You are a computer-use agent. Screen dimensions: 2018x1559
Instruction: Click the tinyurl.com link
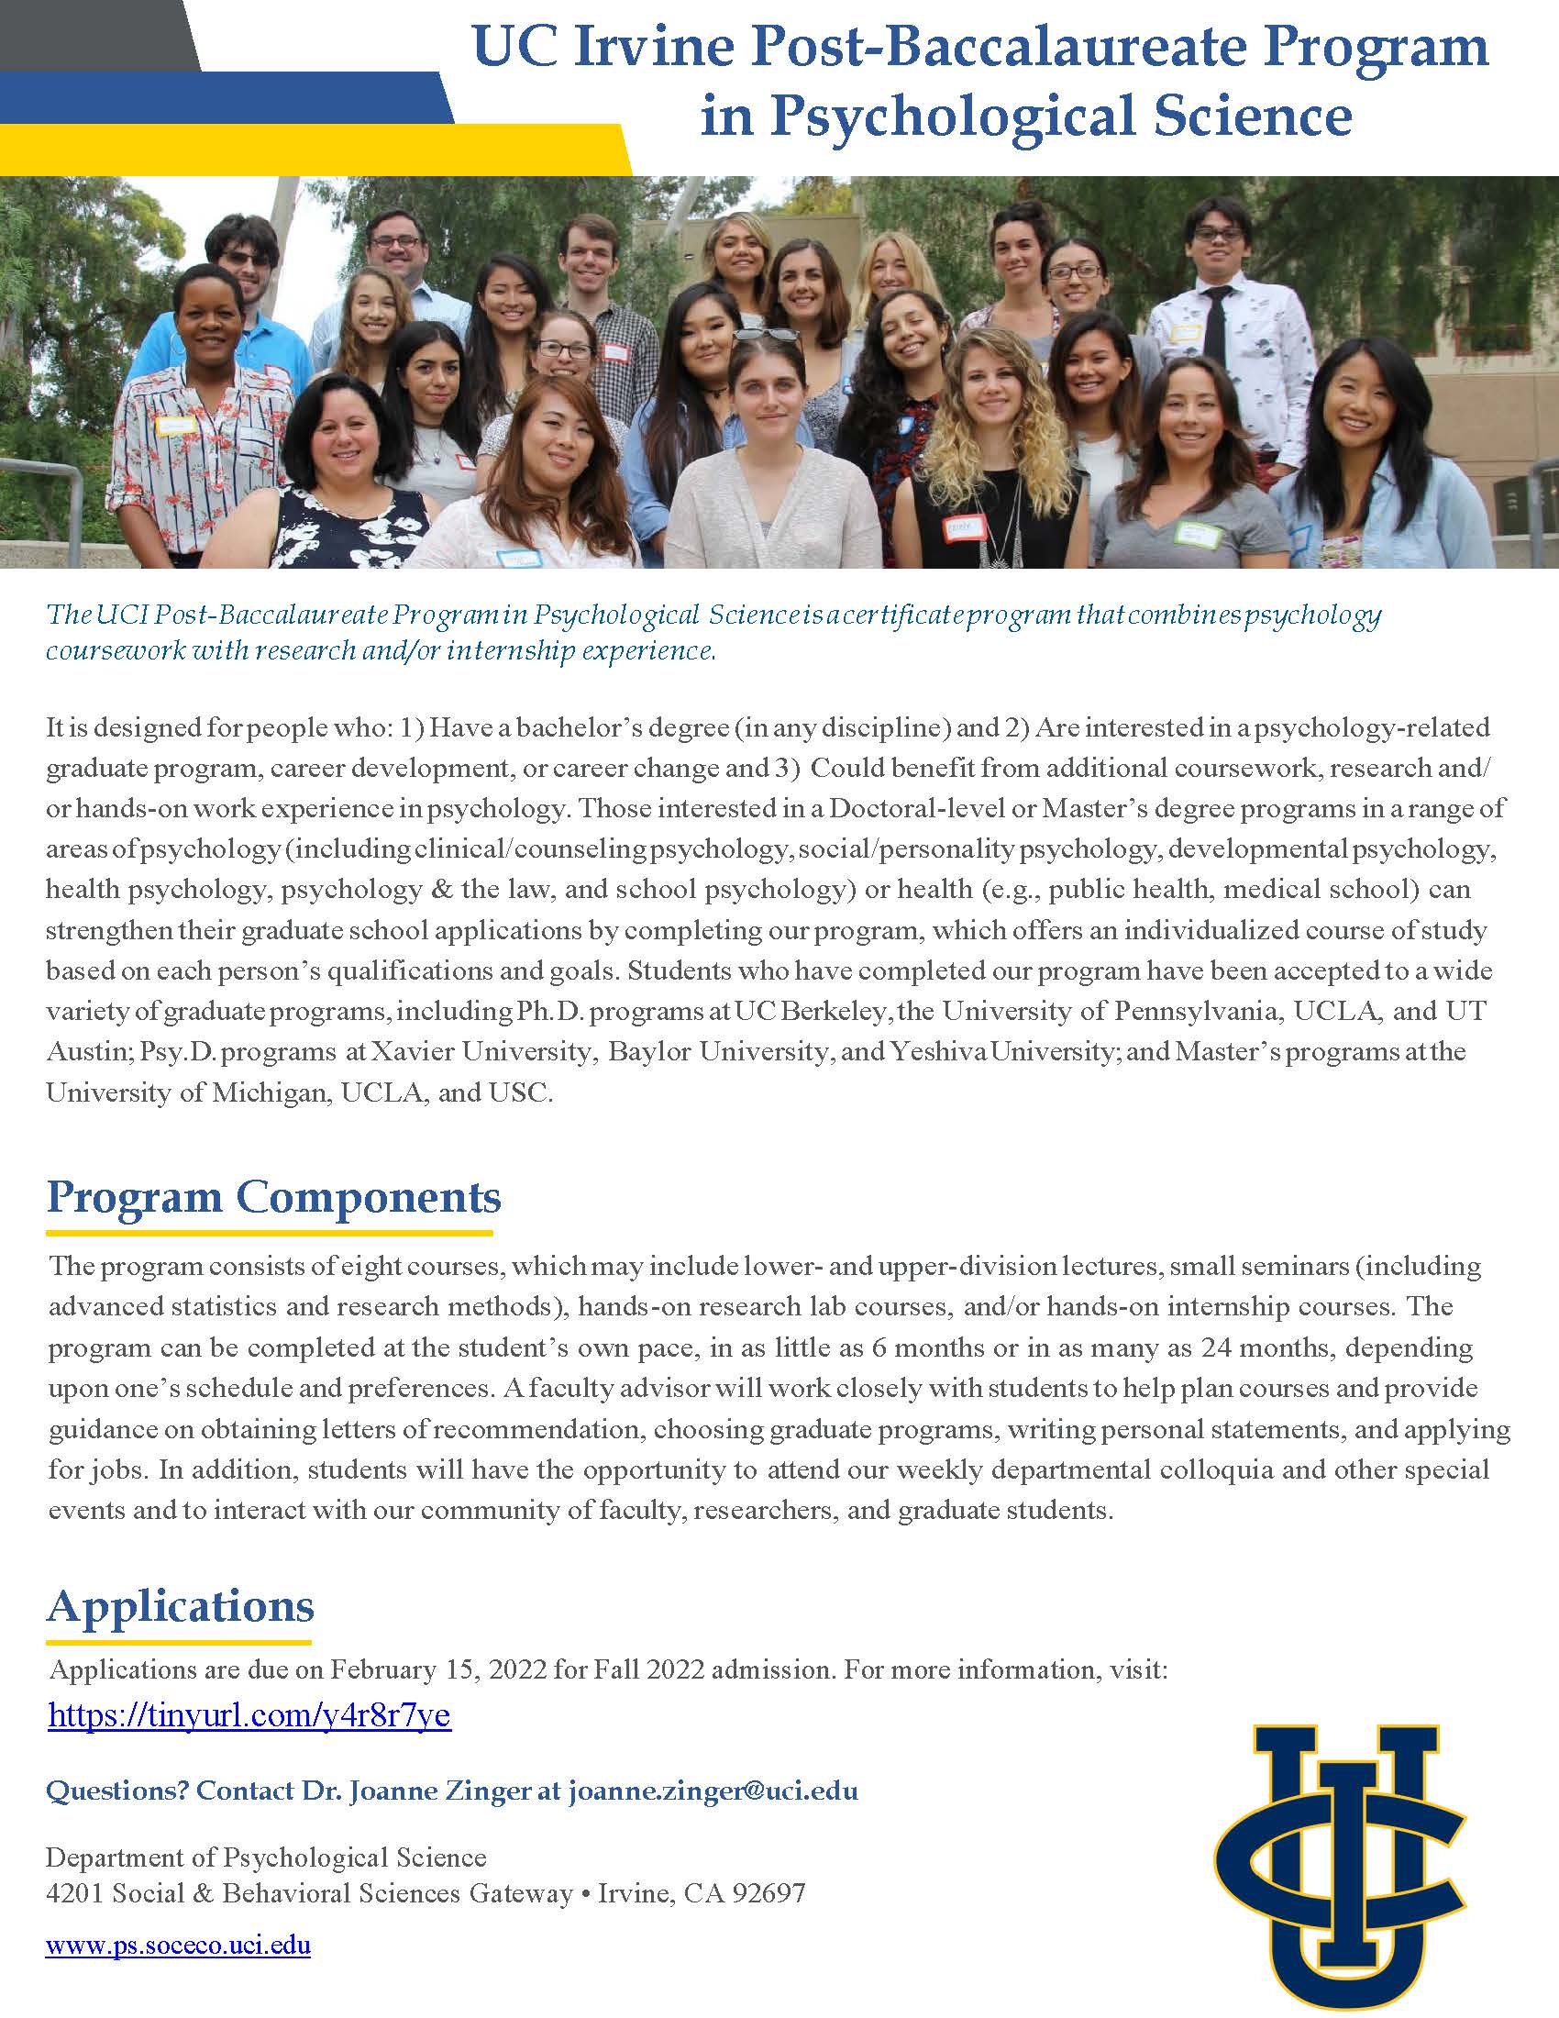coord(249,1716)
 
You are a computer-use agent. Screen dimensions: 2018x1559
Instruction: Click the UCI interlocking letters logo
coord(1339,1867)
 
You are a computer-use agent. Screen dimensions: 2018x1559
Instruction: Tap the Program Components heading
coord(273,1197)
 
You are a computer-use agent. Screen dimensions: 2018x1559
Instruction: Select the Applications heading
coord(180,1606)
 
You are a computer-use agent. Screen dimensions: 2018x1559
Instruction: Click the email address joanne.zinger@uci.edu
coord(712,1791)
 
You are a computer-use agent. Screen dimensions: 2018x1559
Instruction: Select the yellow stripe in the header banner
coord(314,148)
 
